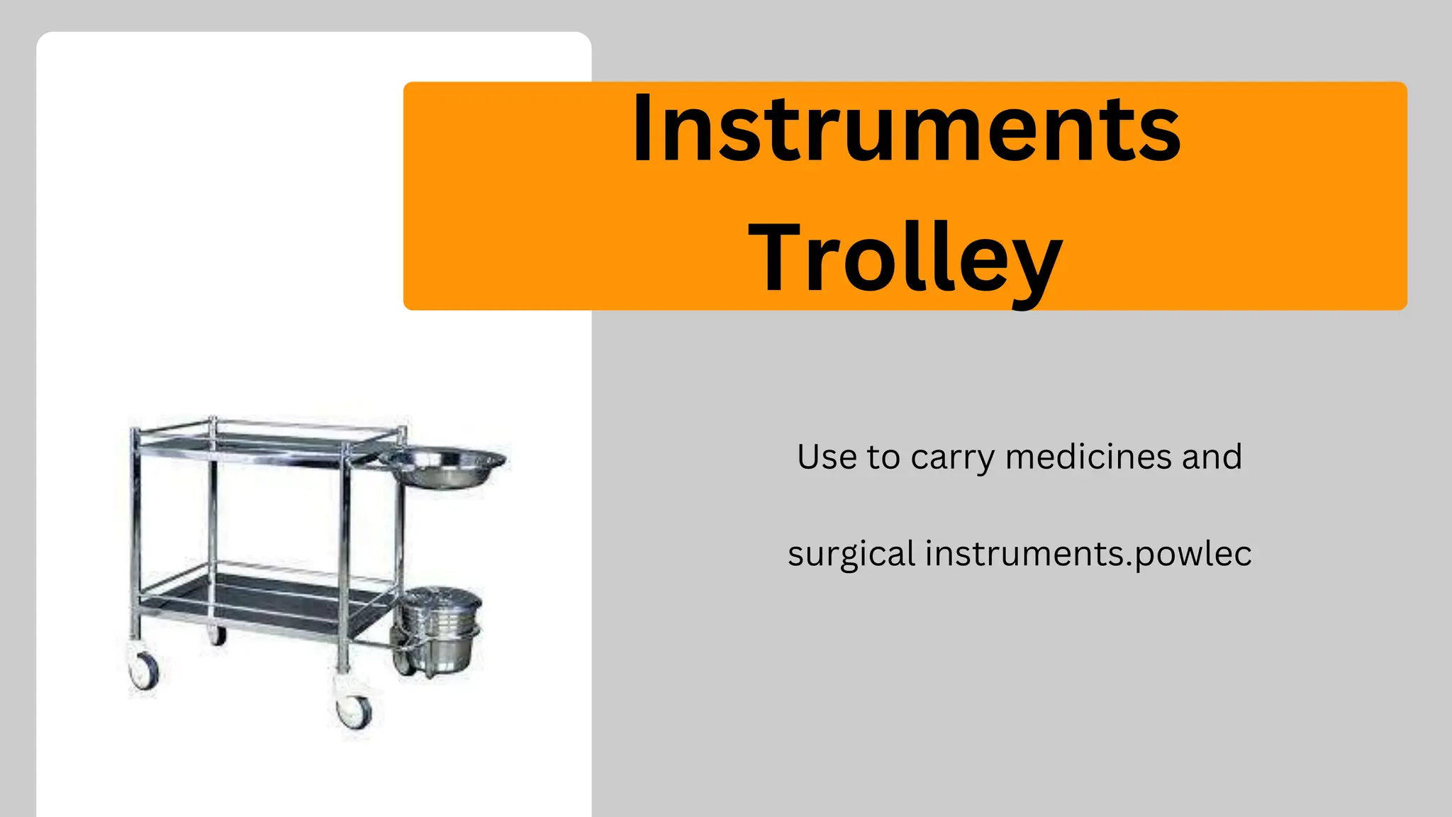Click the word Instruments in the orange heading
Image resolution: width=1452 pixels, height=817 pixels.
[906, 131]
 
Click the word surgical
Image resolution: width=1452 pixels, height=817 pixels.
[851, 555]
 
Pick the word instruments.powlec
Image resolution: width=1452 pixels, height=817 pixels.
[1088, 555]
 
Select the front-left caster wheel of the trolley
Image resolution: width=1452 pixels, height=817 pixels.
[144, 670]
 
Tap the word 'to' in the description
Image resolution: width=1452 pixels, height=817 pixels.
[883, 457]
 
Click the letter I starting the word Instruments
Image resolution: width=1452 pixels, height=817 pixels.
[642, 131]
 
